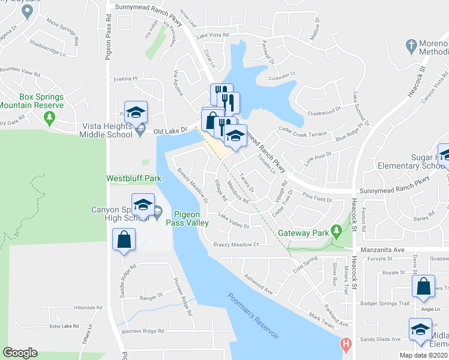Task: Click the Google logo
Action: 20,353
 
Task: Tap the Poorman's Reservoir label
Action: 254,316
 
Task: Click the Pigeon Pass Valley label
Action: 191,218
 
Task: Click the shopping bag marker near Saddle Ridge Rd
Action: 124,241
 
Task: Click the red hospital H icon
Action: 345,345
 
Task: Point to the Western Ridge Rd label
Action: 142,331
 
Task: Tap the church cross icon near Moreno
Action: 411,46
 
